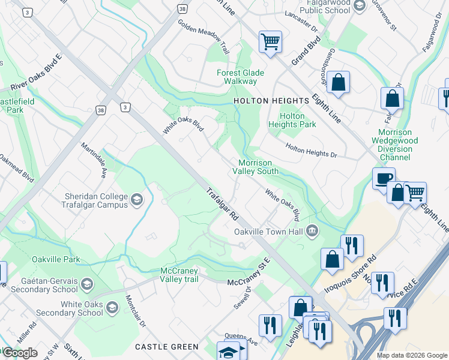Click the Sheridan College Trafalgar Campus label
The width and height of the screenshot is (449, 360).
tap(97, 200)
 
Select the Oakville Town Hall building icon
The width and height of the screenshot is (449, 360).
tap(312, 231)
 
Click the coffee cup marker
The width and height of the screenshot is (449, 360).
tap(384, 178)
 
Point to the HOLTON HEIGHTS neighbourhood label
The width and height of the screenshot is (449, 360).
tap(265, 101)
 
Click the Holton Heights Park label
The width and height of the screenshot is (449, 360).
tap(298, 120)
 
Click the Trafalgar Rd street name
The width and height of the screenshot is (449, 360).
tap(223, 204)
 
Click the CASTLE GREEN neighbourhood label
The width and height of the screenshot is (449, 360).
tap(166, 347)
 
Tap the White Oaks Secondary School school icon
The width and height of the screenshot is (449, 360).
tap(112, 308)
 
